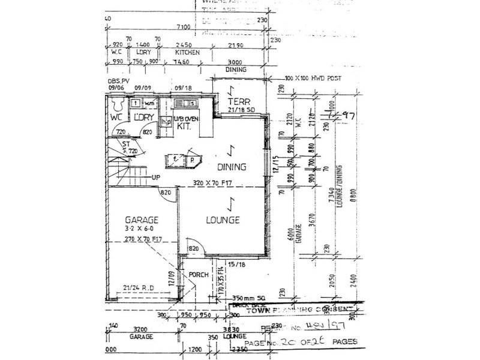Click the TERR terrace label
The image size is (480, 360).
pos(238,101)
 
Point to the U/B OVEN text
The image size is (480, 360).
pos(186,118)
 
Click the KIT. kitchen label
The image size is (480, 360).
pos(184,127)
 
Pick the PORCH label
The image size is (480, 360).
pos(198,275)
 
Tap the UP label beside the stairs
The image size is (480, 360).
pos(155,178)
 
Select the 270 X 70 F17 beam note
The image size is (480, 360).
pos(144,239)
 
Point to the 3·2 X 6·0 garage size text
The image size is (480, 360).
pos(140,230)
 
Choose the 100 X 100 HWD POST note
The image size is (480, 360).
pos(306,79)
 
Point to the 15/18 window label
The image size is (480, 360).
pos(237,264)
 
